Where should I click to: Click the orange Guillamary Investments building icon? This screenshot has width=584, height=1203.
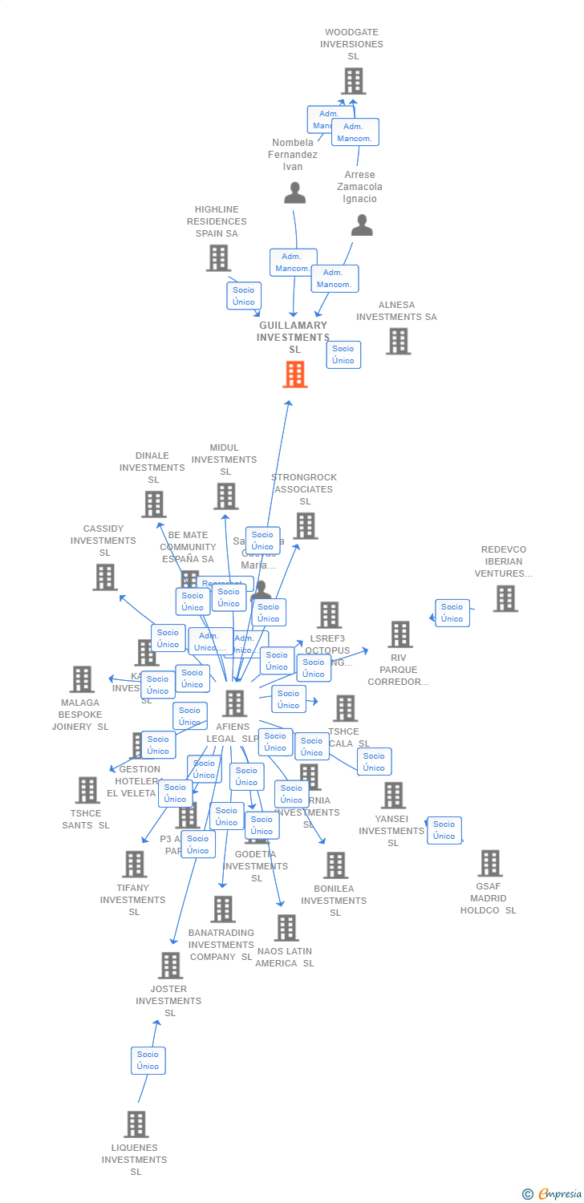tap(295, 375)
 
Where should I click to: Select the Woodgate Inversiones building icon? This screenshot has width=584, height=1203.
tap(354, 81)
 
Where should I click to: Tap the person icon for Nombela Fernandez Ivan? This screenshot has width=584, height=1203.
tap(295, 193)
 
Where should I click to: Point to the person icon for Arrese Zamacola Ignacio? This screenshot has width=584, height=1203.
tap(362, 226)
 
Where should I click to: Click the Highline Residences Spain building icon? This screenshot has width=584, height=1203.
tap(218, 258)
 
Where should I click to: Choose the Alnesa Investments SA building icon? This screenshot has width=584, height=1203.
tap(398, 341)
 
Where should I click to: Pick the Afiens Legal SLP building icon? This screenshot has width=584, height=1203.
tap(234, 703)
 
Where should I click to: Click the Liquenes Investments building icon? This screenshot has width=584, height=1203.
tap(136, 1124)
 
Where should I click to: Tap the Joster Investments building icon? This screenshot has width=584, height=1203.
tap(170, 966)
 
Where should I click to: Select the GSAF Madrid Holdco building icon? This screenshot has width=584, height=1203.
tap(489, 864)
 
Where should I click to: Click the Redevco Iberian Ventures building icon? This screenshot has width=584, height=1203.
tap(505, 598)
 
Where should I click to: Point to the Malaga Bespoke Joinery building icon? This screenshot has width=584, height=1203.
tap(82, 679)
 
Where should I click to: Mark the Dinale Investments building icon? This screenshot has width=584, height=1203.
tap(153, 504)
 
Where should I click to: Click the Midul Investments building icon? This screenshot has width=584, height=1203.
tap(225, 496)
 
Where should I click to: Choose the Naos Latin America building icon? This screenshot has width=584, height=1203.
tap(286, 928)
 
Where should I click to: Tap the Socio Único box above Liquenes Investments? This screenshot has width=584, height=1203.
tap(148, 1060)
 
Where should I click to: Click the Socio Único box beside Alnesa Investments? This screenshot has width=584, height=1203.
tap(343, 354)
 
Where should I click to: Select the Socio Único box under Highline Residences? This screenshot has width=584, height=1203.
tap(244, 296)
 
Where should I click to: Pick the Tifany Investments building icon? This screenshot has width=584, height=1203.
tap(134, 865)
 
